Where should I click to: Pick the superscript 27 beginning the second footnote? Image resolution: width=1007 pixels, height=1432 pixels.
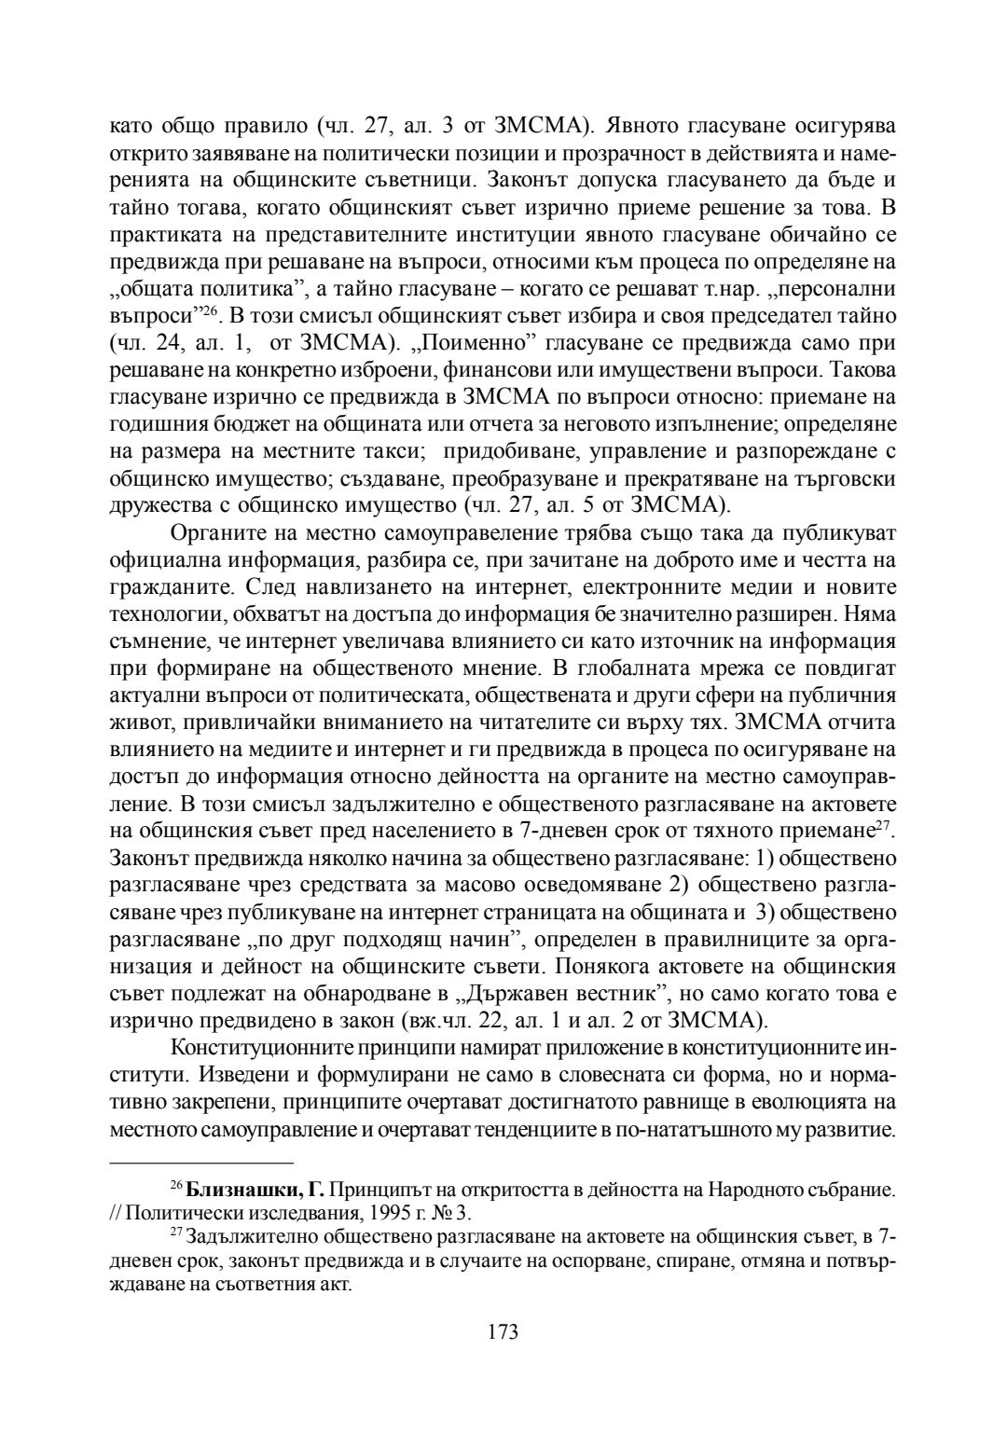click(x=176, y=1232)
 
